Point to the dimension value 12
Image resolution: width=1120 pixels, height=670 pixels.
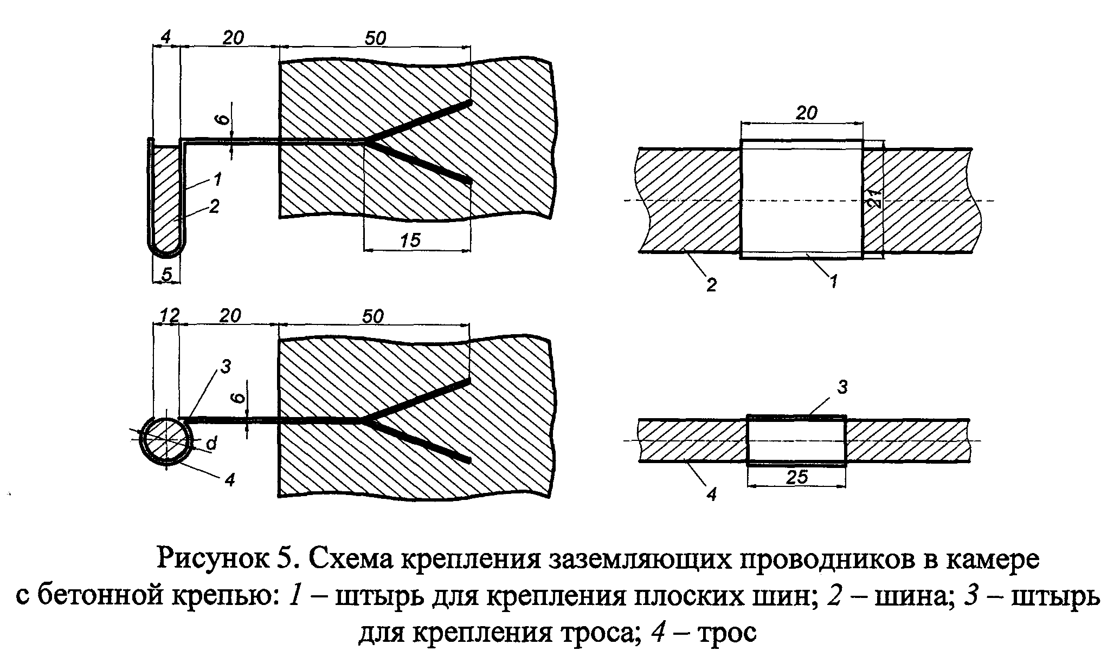click(169, 315)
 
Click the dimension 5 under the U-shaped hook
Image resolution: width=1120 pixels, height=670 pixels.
click(167, 275)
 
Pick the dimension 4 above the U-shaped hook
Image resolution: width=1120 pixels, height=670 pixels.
click(166, 37)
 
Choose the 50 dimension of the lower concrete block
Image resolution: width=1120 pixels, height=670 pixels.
click(373, 316)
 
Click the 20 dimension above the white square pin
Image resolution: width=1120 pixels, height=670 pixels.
click(806, 113)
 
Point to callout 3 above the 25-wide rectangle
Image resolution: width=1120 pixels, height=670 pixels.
click(842, 387)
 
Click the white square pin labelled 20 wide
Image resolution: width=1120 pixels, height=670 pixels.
click(801, 199)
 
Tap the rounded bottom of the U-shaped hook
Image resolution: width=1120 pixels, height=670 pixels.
click(167, 250)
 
